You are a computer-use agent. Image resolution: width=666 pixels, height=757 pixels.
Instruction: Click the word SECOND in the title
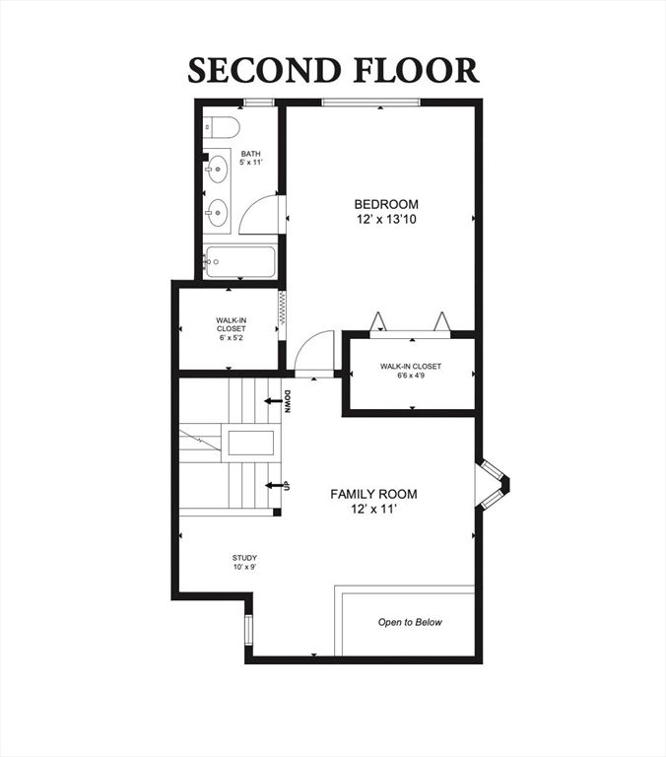[x=263, y=71]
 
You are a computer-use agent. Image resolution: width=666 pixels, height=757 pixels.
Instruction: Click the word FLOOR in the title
[x=417, y=71]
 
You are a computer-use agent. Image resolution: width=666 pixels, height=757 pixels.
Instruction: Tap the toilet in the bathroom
[x=221, y=126]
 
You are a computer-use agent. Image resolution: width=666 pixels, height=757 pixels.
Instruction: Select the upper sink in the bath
[x=217, y=169]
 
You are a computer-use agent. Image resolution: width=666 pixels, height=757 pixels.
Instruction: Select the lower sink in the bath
[x=217, y=213]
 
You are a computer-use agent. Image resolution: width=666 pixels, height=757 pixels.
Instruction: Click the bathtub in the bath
[x=240, y=261]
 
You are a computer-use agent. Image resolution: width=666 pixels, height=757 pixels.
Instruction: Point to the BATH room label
[x=251, y=154]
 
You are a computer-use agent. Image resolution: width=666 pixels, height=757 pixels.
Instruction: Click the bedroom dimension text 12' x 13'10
[x=386, y=220]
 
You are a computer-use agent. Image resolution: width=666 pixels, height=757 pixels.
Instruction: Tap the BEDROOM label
[x=386, y=204]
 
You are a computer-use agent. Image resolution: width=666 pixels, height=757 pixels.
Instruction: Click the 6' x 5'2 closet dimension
[x=232, y=338]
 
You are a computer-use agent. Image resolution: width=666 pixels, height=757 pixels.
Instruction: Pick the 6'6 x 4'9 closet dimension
[x=411, y=376]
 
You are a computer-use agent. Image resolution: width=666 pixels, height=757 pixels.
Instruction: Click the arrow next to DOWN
[x=273, y=401]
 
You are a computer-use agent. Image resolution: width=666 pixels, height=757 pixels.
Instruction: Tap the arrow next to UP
[x=274, y=485]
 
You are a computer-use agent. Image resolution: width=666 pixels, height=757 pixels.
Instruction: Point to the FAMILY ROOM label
[x=373, y=495]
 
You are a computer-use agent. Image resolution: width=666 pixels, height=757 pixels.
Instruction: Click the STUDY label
[x=244, y=558]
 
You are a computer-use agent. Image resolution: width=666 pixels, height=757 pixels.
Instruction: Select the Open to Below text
[x=410, y=622]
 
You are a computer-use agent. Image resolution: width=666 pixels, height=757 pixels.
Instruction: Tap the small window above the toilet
[x=259, y=102]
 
